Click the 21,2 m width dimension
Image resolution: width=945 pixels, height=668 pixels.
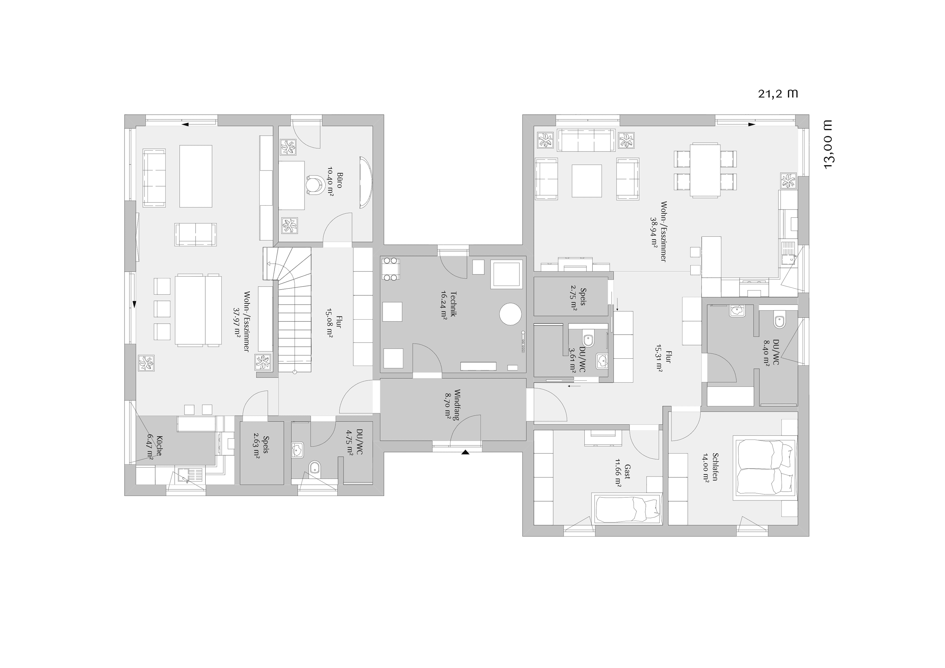(x=778, y=94)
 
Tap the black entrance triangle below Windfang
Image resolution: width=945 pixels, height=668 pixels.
(x=465, y=452)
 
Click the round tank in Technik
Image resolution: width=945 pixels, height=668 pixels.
(x=510, y=314)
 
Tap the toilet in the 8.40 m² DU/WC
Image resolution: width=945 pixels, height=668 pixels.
(x=779, y=320)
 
